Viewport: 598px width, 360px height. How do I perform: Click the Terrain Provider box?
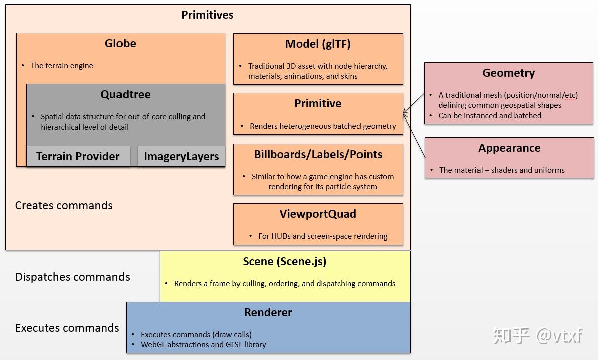coord(78,156)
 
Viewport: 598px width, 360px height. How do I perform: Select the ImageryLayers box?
coord(181,156)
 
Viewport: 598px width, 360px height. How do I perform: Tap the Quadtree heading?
coord(126,94)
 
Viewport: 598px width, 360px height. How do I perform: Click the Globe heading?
coord(121,43)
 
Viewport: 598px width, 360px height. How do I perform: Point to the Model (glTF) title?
coord(318,44)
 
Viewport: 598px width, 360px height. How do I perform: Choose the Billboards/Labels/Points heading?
coord(318,155)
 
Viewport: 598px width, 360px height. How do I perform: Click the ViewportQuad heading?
coord(318,214)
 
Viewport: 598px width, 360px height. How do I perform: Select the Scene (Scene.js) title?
coord(285,262)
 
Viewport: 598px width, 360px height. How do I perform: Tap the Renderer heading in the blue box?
coord(268,312)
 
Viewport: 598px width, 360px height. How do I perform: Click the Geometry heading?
coord(509,73)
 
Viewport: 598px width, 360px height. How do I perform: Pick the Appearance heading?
coord(509,148)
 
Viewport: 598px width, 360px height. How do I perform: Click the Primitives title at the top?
coord(207,15)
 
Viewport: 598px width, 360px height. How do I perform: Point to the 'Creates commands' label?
coord(64,205)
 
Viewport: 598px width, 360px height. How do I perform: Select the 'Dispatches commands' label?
coord(72,277)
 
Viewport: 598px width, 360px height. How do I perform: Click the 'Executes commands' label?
coord(67,328)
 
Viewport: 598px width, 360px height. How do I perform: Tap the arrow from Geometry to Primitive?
coord(414,103)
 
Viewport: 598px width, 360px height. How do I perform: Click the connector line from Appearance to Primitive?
coord(414,135)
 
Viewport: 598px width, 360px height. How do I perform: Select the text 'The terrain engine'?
coord(62,66)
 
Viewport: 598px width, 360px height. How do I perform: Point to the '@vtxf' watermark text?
coord(559,335)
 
